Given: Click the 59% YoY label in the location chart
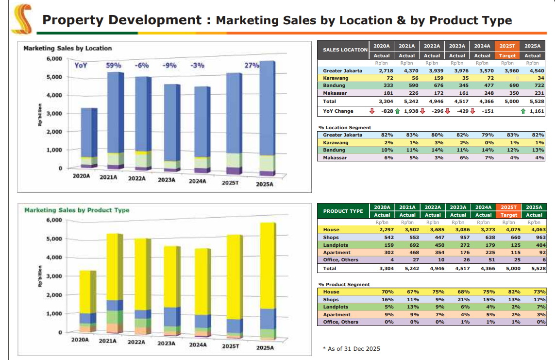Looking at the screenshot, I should tap(114, 65).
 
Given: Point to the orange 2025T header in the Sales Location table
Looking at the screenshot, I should tap(507, 46).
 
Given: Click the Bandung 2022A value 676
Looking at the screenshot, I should tap(432, 86).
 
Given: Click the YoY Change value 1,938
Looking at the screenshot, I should tap(411, 111).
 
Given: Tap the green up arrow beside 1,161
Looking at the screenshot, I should tap(522, 111).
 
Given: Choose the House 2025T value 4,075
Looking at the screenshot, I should tap(508, 229).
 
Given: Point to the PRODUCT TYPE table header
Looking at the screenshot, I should tap(343, 211).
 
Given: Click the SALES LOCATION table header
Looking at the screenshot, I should tap(345, 50).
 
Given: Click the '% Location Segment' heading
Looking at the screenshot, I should tap(344, 127).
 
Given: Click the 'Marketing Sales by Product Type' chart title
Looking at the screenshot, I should tap(77, 210).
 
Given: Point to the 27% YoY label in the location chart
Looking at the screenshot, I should tap(251, 65).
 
